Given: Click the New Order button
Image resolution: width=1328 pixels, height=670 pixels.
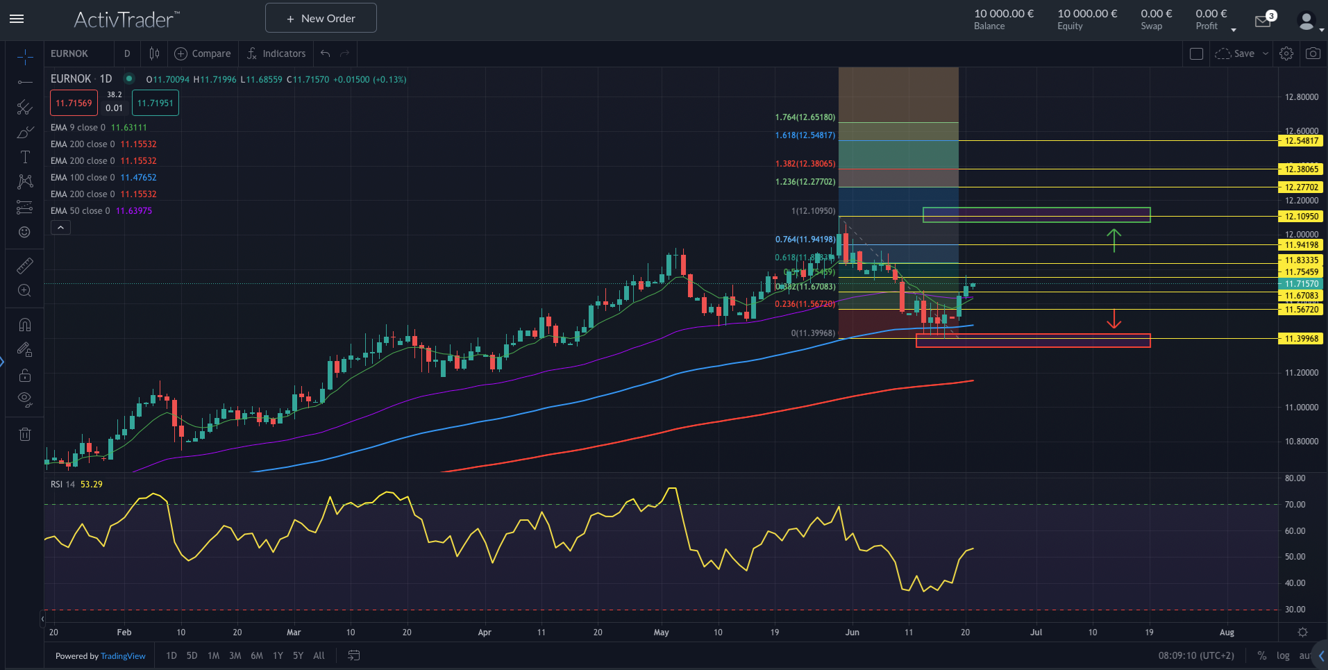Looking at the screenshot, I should pyautogui.click(x=321, y=18).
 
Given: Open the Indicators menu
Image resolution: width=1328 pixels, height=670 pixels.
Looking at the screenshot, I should pyautogui.click(x=276, y=53).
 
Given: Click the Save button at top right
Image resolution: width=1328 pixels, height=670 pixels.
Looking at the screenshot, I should pyautogui.click(x=1236, y=53).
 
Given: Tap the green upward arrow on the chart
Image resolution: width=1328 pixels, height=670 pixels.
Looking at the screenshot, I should pyautogui.click(x=1113, y=240).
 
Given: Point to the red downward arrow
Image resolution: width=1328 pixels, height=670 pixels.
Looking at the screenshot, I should pyautogui.click(x=1113, y=319).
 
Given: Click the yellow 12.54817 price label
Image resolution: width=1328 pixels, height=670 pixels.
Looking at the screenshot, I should pyautogui.click(x=1301, y=141).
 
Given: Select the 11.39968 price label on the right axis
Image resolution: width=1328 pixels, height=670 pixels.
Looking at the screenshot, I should pyautogui.click(x=1301, y=339).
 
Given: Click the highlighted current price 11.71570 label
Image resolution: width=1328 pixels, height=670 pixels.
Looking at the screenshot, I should pyautogui.click(x=1301, y=284).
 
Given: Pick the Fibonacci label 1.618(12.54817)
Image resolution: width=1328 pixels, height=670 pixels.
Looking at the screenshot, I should pyautogui.click(x=805, y=135).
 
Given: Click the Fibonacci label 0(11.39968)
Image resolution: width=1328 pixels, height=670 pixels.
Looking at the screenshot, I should pyautogui.click(x=813, y=333).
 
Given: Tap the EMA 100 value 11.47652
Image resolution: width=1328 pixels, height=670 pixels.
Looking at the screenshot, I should pyautogui.click(x=139, y=178).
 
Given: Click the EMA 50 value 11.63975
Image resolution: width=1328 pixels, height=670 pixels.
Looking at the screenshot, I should pyautogui.click(x=134, y=211).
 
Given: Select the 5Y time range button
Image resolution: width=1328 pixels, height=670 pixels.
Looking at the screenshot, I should pyautogui.click(x=298, y=655).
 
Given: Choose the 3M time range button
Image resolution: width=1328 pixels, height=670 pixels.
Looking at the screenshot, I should pyautogui.click(x=235, y=655).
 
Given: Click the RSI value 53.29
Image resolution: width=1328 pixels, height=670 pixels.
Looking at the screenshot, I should pyautogui.click(x=92, y=485).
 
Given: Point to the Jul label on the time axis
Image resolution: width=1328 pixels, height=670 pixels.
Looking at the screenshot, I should pyautogui.click(x=1036, y=633).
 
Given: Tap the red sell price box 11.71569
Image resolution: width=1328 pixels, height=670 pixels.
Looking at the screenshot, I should pyautogui.click(x=74, y=103).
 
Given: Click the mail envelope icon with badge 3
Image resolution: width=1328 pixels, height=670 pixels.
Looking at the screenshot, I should pyautogui.click(x=1263, y=22).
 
